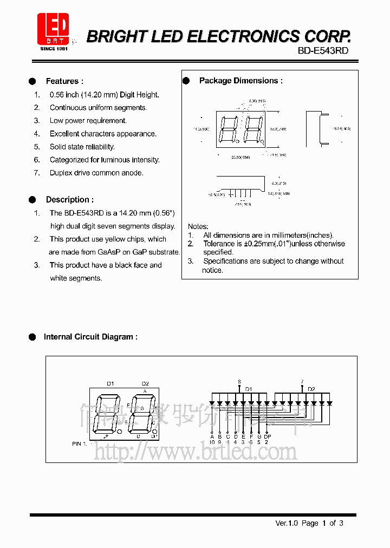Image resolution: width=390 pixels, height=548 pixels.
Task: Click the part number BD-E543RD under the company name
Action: click(x=323, y=50)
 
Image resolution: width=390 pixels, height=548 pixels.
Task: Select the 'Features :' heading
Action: click(x=64, y=81)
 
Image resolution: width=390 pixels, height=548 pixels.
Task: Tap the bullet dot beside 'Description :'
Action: click(x=32, y=199)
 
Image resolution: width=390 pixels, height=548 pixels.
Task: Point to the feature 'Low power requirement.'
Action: click(x=88, y=121)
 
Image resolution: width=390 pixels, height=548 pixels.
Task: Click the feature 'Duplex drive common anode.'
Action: click(x=96, y=173)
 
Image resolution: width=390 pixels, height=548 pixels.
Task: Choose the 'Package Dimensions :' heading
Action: click(x=240, y=81)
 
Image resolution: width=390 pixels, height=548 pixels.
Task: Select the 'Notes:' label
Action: click(x=198, y=226)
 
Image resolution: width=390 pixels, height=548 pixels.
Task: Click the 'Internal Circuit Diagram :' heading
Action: click(x=90, y=337)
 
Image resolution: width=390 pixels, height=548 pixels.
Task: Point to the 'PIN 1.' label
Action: click(x=80, y=443)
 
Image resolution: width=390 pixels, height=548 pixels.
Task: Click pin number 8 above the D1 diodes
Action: click(x=239, y=382)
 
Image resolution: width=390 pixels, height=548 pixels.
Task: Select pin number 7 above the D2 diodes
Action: click(x=302, y=382)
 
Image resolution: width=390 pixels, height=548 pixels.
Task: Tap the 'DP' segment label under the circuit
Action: click(x=267, y=436)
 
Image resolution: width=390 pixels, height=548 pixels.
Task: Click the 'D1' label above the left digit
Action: click(x=110, y=383)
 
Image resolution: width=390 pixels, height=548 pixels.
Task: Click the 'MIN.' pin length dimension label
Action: click(x=285, y=193)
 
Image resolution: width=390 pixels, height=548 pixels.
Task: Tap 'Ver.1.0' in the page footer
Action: click(x=287, y=523)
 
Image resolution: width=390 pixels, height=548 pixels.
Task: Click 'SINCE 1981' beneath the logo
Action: click(x=53, y=49)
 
